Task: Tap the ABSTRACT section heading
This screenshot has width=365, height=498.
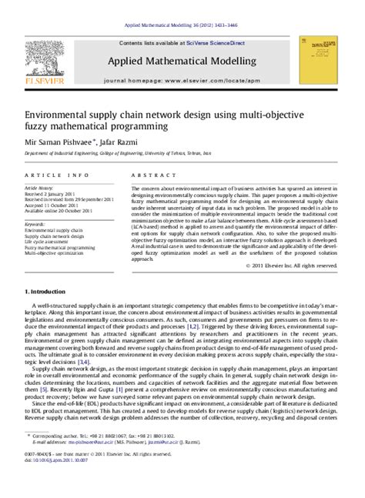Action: tap(151, 175)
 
